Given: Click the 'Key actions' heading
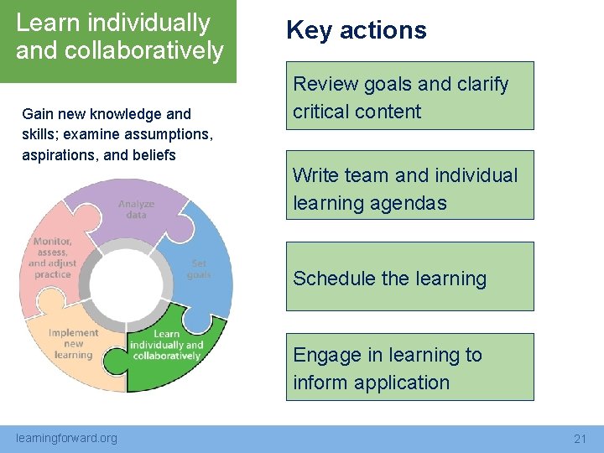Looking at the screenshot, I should pos(356,30).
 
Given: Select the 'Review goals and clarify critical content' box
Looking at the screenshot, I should pos(409,96).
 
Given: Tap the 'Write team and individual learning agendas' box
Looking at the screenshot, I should pos(409,186).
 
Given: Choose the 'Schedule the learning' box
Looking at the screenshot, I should pos(409,278).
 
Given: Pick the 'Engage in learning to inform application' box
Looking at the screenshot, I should pos(409,367).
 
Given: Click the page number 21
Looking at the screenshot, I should pos(580,438).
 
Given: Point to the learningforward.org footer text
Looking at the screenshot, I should pos(67,438).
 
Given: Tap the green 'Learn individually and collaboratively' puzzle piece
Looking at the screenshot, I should pos(172,352).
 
